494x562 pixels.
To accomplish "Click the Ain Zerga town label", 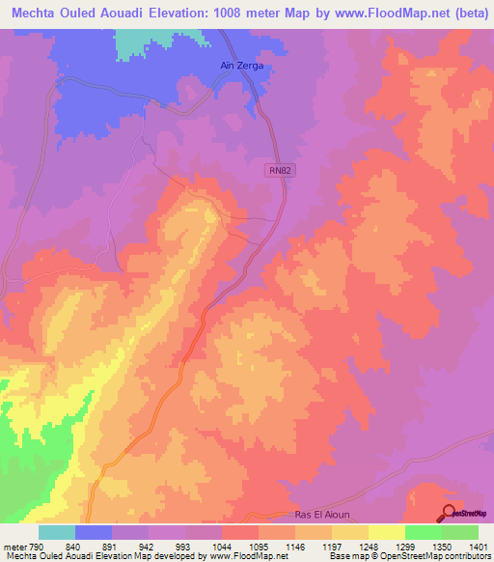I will pyautogui.click(x=236, y=66).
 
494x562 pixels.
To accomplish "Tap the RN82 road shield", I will pyautogui.click(x=278, y=169).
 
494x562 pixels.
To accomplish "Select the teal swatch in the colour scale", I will pyautogui.click(x=57, y=533).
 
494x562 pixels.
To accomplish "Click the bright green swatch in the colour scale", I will pyautogui.click(x=424, y=533).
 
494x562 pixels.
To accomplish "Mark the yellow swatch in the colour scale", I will pyautogui.click(x=387, y=533).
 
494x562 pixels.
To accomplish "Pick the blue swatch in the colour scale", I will pyautogui.click(x=94, y=533).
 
